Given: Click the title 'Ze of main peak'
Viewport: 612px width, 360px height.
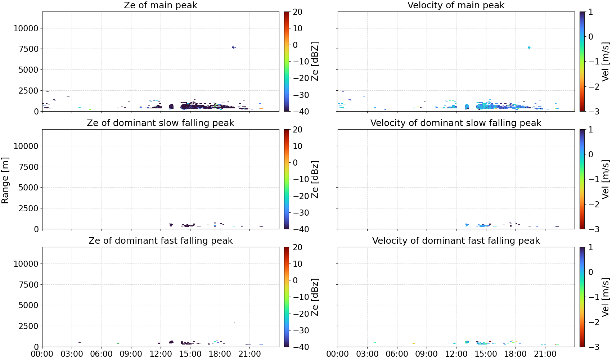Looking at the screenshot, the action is point(160,5).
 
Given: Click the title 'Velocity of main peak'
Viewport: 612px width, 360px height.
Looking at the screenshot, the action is point(456,5).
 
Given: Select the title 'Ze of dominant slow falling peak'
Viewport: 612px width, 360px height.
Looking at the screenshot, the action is point(160,123).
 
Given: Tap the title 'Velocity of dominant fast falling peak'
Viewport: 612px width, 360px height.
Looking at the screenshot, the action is point(456,240).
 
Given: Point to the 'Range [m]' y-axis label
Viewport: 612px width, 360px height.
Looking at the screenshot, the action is point(5,180).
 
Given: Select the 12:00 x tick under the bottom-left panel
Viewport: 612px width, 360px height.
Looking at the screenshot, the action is point(161,354).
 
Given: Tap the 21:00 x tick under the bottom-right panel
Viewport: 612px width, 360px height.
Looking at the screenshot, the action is point(545,354).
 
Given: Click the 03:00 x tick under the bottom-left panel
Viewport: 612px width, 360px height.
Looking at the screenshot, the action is point(72,354).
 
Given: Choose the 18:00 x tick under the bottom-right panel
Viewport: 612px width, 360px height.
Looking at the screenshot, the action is point(516,354).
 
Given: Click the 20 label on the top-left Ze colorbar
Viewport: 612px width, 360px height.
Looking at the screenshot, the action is point(297,12).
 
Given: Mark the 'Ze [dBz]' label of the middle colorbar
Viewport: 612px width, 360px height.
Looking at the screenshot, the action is point(315,179).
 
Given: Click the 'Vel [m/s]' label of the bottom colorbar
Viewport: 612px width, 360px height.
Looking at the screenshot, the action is point(606,297).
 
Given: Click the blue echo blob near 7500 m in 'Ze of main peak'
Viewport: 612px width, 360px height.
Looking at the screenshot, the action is point(234,48).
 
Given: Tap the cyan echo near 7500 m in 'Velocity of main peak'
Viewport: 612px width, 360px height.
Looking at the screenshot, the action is point(529,48).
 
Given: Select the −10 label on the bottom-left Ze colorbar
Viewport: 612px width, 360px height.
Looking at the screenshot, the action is point(301,297).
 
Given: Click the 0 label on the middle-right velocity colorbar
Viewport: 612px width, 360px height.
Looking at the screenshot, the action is point(590,154).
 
